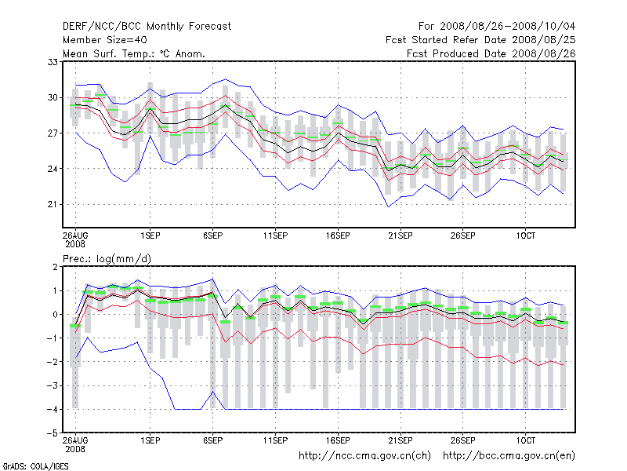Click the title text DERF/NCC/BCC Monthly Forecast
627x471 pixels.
pyautogui.click(x=147, y=27)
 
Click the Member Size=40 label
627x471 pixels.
pyautogui.click(x=104, y=40)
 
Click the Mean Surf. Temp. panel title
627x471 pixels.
pyautogui.click(x=134, y=53)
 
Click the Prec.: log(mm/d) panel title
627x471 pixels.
pyautogui.click(x=107, y=258)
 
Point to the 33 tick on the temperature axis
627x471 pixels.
pyautogui.click(x=53, y=62)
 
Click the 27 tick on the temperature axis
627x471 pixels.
pyautogui.click(x=53, y=133)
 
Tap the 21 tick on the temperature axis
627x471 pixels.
pyautogui.click(x=53, y=204)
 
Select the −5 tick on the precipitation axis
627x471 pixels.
pyautogui.click(x=52, y=433)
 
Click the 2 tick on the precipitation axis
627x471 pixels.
pyautogui.click(x=55, y=267)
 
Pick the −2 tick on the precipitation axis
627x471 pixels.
pyautogui.click(x=52, y=362)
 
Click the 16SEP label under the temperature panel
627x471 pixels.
pyautogui.click(x=338, y=235)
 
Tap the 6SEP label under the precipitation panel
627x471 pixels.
pyautogui.click(x=212, y=440)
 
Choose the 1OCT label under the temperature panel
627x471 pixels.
pyautogui.click(x=525, y=235)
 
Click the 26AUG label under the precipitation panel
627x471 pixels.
pyautogui.click(x=75, y=440)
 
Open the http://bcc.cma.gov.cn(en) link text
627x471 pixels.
pyautogui.click(x=509, y=455)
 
